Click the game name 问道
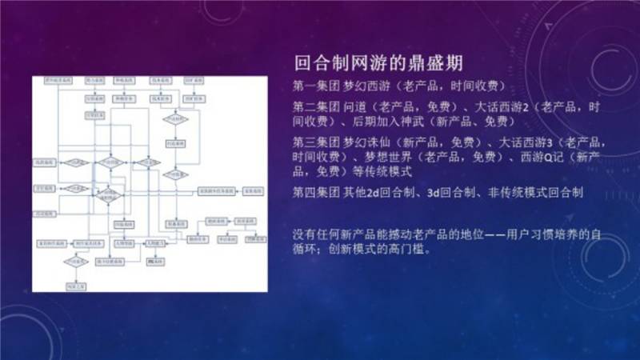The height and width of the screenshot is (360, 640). coord(357,106)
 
